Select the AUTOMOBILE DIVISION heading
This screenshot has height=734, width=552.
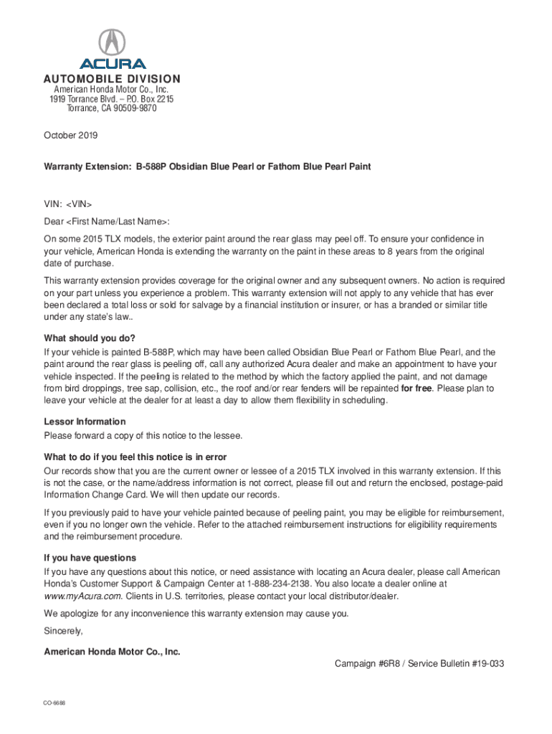(x=112, y=79)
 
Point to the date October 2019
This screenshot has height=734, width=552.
(x=71, y=135)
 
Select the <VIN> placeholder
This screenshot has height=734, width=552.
(x=78, y=204)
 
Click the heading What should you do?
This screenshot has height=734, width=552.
(x=90, y=338)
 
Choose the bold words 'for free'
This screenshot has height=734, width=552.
(x=416, y=389)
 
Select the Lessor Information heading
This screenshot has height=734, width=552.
(x=85, y=421)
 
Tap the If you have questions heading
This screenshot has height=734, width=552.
(x=90, y=558)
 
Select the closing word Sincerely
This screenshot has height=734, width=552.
(x=63, y=631)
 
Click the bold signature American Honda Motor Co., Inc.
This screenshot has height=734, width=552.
(x=112, y=652)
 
